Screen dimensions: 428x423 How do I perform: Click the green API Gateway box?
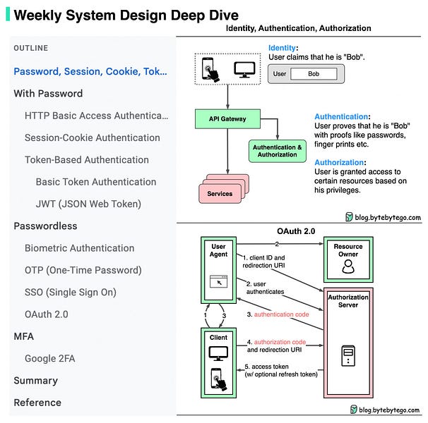pyautogui.click(x=227, y=119)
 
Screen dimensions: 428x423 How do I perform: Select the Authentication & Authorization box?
pyautogui.click(x=278, y=151)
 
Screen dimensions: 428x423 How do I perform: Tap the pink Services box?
pyautogui.click(x=220, y=193)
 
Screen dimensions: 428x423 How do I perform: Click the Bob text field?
pyautogui.click(x=314, y=74)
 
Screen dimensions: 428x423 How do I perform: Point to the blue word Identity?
pyautogui.click(x=282, y=48)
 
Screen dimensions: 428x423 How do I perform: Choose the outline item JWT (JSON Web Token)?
pyautogui.click(x=88, y=204)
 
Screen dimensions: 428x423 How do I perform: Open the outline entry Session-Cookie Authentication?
pyautogui.click(x=93, y=137)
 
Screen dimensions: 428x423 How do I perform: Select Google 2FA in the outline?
pyautogui.click(x=50, y=358)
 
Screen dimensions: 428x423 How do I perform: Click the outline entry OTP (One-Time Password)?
pyautogui.click(x=83, y=270)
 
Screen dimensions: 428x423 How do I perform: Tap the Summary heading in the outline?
pyautogui.click(x=36, y=381)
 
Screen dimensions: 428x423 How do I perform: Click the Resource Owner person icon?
pyautogui.click(x=348, y=266)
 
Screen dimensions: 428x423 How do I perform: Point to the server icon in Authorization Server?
pyautogui.click(x=348, y=355)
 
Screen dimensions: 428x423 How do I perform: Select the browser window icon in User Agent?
pyautogui.click(x=218, y=281)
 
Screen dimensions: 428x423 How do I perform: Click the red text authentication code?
pyautogui.click(x=281, y=314)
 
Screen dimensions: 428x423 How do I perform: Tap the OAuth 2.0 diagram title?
pyautogui.click(x=296, y=231)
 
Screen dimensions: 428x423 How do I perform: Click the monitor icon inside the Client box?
pyautogui.click(x=218, y=353)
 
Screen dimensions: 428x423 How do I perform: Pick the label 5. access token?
pyautogui.click(x=267, y=367)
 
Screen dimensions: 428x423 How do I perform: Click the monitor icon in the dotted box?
pyautogui.click(x=244, y=70)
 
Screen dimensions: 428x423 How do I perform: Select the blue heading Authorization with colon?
pyautogui.click(x=340, y=162)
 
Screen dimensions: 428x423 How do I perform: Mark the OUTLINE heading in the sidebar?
pyautogui.click(x=31, y=48)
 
